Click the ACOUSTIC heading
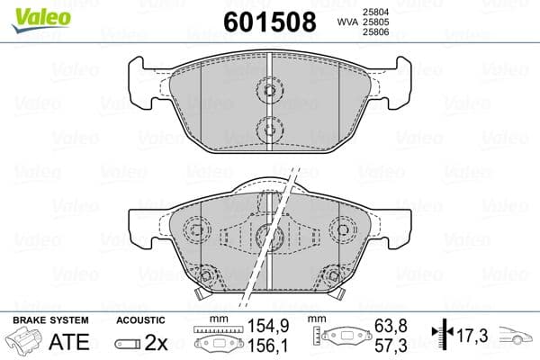coord(140,319)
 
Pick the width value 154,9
coord(259,332)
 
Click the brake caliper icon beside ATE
coord(27,343)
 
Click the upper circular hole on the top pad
coord(267,89)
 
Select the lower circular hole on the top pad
coord(267,130)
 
